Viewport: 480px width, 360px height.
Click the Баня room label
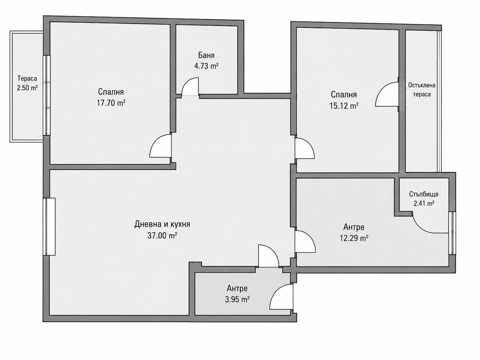(x=206, y=55)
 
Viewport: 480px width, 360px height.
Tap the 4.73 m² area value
(x=206, y=66)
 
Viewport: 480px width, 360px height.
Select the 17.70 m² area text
(x=111, y=103)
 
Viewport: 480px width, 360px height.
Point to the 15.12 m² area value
(x=344, y=106)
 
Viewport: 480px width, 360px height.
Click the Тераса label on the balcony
(x=27, y=78)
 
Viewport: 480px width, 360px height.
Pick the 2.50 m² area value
(x=27, y=88)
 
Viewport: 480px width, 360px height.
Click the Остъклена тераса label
(x=422, y=90)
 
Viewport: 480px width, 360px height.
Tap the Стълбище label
(x=424, y=194)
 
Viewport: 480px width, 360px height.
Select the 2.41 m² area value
(x=424, y=204)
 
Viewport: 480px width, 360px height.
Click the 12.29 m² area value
(x=354, y=238)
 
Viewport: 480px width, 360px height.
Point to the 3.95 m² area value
(x=237, y=299)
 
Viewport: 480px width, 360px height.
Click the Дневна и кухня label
(x=162, y=224)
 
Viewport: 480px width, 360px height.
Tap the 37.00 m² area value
(x=162, y=235)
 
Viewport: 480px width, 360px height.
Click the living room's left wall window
(x=49, y=227)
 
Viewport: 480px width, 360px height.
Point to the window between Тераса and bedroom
(x=46, y=95)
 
